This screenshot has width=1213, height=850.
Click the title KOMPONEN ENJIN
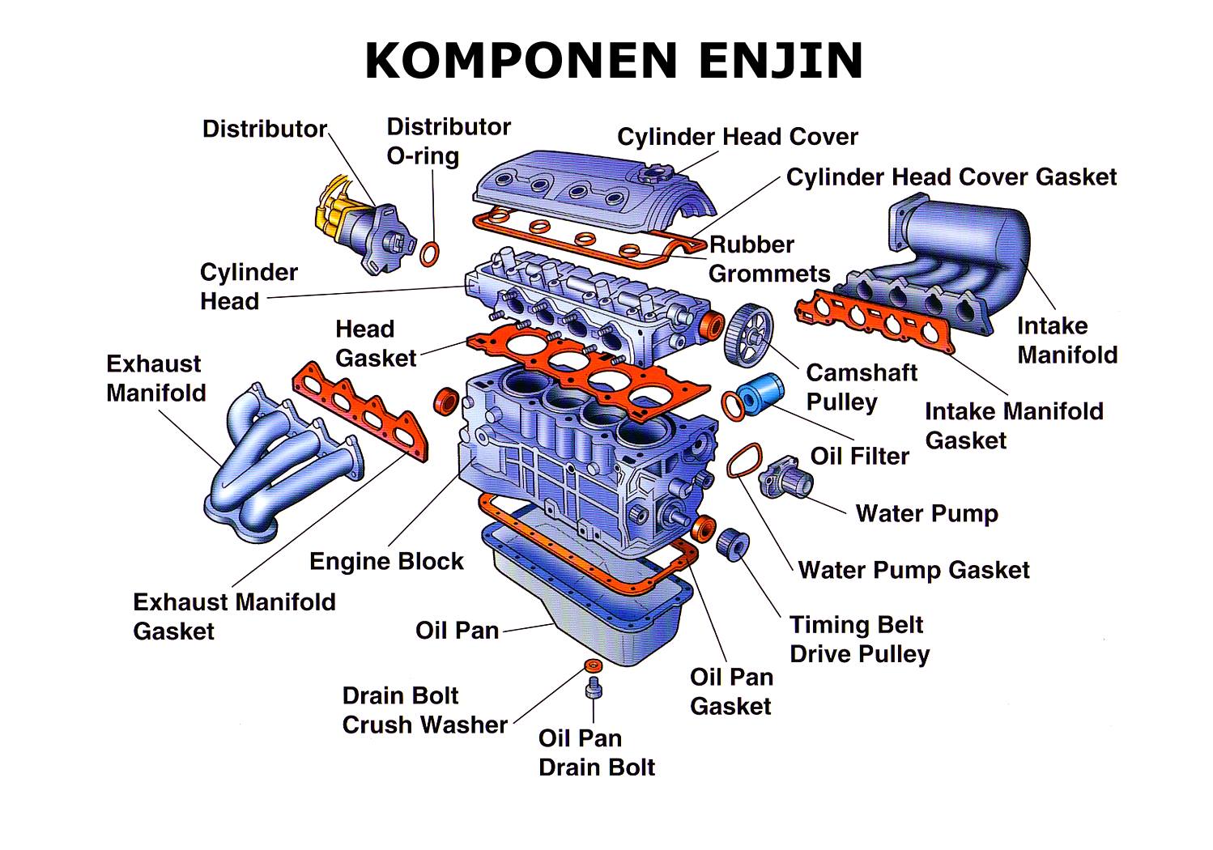pos(614,61)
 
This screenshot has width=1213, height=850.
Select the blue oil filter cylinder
pos(760,394)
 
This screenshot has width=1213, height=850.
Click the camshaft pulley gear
pos(748,336)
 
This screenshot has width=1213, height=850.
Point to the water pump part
pos(785,478)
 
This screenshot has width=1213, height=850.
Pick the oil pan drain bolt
pos(594,687)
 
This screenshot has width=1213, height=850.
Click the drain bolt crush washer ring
pos(594,665)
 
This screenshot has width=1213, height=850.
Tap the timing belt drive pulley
pos(733,543)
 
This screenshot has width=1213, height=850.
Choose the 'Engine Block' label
pos(386,562)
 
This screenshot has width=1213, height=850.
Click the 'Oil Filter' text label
pos(859,457)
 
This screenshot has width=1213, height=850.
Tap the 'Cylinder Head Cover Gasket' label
pos(951,177)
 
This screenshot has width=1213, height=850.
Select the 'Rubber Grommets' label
pos(769,259)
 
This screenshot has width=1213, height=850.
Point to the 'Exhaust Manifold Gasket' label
pos(235,617)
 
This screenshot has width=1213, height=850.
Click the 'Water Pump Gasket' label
pos(914,570)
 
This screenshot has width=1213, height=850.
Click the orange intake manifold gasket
pos(873,320)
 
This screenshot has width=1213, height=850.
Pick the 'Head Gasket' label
pos(376,344)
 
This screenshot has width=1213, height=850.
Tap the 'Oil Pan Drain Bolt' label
pos(596,753)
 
